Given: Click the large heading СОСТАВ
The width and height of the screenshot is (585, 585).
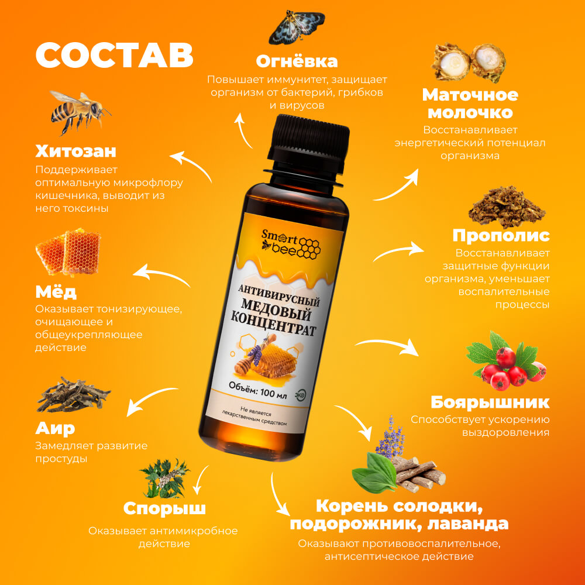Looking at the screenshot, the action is pos(115,55).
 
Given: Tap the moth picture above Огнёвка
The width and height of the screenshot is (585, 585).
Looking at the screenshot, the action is pos(297,27).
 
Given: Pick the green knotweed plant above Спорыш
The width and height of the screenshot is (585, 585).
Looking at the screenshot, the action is pos(164,479).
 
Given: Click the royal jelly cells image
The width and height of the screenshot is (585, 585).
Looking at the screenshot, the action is pos(469,63).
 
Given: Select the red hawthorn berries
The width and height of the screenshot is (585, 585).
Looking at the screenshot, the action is pos(506,361).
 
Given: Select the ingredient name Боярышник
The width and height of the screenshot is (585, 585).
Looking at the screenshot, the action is pos(490,402).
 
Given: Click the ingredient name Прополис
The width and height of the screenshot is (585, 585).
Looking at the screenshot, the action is pos(501,235).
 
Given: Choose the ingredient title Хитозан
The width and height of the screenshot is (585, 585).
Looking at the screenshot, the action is pos(75,151).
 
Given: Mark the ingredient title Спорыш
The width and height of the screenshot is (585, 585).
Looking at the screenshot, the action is pos(164,508).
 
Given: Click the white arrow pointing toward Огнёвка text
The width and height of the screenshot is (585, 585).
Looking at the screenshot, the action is pos(243,131).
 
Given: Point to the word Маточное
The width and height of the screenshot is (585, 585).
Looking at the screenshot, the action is pos(470,95).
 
